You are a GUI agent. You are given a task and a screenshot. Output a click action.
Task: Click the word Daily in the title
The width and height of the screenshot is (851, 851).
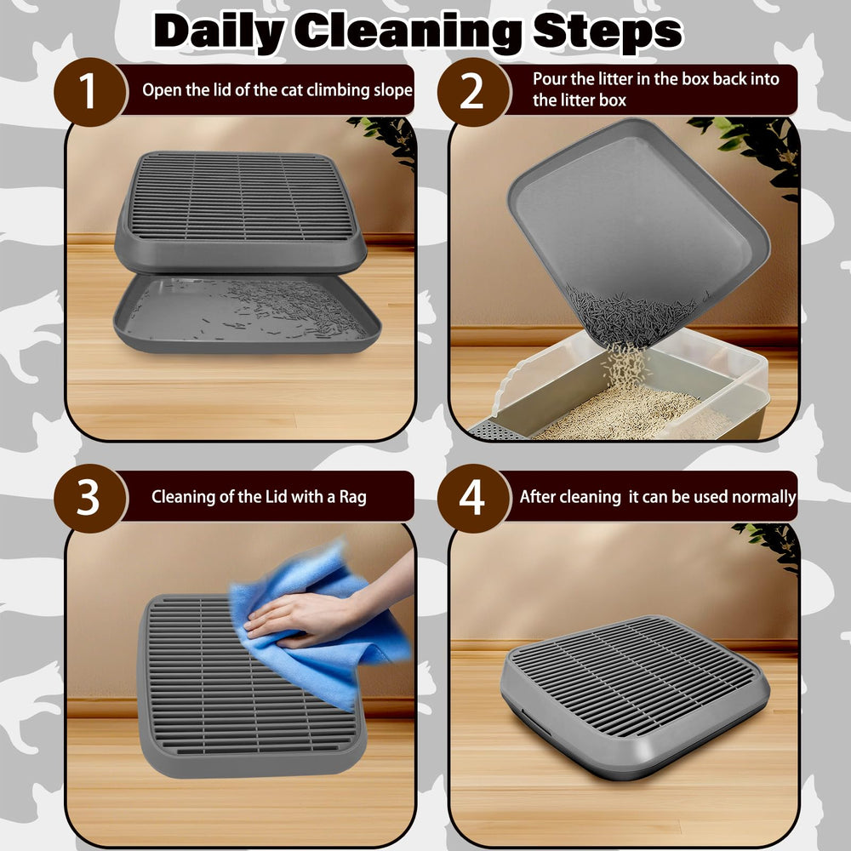pyautogui.click(x=220, y=31)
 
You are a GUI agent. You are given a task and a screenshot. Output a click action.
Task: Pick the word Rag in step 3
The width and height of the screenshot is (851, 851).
pyautogui.click(x=353, y=497)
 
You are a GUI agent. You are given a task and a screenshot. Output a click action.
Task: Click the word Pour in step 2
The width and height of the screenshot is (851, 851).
pyautogui.click(x=549, y=78)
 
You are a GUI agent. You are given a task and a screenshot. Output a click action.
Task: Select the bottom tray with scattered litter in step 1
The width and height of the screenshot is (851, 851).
pyautogui.click(x=247, y=315)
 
